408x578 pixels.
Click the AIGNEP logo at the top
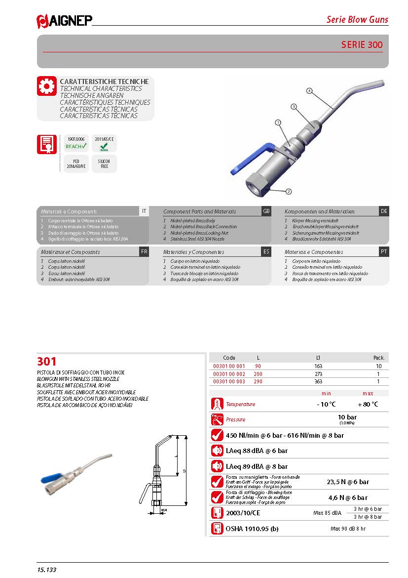tap(64, 20)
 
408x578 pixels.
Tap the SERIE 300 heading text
tap(362, 45)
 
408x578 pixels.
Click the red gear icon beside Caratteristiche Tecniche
tap(47, 86)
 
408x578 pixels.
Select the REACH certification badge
tap(76, 143)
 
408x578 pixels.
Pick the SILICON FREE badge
tap(104, 164)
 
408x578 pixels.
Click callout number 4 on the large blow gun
tap(309, 90)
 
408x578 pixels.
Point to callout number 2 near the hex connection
tap(289, 191)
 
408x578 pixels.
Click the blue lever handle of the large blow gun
tap(249, 158)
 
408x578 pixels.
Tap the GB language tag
tap(266, 211)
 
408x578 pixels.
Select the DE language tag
tap(384, 211)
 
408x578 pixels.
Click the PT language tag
tap(384, 251)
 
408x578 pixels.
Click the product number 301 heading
tap(47, 361)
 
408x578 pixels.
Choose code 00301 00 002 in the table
tap(228, 374)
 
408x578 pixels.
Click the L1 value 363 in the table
tap(318, 382)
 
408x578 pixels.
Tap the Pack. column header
tap(378, 357)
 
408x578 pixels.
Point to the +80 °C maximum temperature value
tap(368, 404)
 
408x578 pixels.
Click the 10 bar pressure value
tap(347, 417)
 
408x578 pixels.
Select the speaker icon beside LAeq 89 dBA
tap(217, 466)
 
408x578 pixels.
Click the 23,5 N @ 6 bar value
tap(348, 482)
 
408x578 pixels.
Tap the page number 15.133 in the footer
tap(47, 570)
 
